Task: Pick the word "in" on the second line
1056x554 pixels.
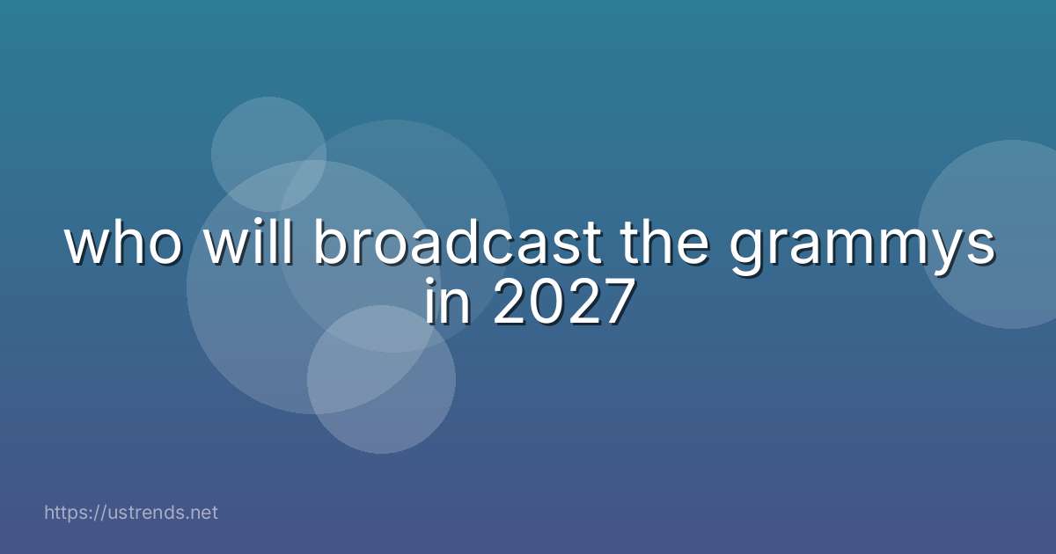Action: point(444,303)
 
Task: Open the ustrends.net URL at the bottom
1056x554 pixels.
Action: point(130,512)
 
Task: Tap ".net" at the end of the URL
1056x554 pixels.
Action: point(202,512)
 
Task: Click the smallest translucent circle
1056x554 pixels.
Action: point(268,153)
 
